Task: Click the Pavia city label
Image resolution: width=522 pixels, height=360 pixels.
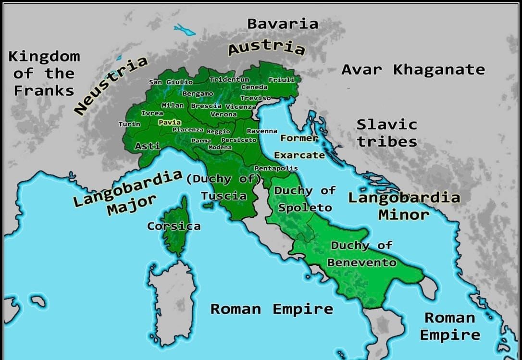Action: pyautogui.click(x=170, y=123)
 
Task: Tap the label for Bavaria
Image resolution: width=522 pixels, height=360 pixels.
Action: pyautogui.click(x=283, y=24)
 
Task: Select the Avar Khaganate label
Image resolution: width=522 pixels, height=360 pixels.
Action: pyautogui.click(x=413, y=70)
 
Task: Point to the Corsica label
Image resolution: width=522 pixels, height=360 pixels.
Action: pyautogui.click(x=174, y=226)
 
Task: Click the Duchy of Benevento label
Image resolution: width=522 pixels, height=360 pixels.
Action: pyautogui.click(x=361, y=254)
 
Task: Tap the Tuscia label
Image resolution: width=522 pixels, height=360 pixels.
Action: pyautogui.click(x=224, y=196)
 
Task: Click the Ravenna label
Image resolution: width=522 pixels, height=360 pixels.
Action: pyautogui.click(x=262, y=131)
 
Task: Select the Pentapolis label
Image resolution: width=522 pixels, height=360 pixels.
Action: pyautogui.click(x=276, y=169)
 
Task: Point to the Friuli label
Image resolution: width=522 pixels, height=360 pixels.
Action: pyautogui.click(x=282, y=80)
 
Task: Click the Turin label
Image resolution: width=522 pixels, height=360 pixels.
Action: pyautogui.click(x=129, y=124)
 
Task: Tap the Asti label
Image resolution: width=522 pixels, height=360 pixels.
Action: pyautogui.click(x=148, y=146)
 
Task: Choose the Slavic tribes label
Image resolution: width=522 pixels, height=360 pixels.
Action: pyautogui.click(x=386, y=133)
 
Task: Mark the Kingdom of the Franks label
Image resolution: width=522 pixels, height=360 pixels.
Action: pyautogui.click(x=44, y=73)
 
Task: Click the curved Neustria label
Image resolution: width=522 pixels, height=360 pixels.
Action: pyautogui.click(x=111, y=86)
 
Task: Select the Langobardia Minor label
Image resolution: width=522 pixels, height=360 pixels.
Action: pyautogui.click(x=404, y=206)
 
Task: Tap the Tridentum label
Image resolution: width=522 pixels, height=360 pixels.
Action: pyautogui.click(x=229, y=79)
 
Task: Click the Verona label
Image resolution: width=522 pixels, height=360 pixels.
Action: pyautogui.click(x=224, y=114)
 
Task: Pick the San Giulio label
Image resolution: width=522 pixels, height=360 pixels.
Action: pyautogui.click(x=171, y=82)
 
